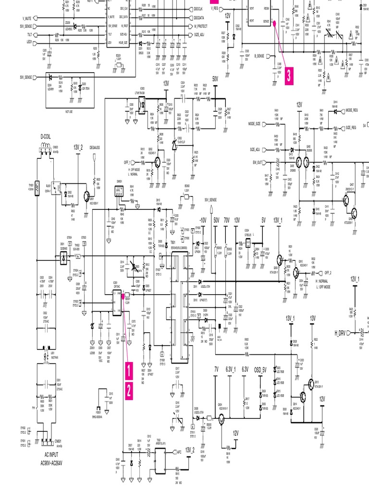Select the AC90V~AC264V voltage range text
[x=54, y=463]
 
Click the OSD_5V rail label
[x=261, y=369]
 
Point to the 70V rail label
[x=226, y=220]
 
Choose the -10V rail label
[x=202, y=220]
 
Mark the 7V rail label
[x=216, y=369]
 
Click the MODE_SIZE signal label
[x=254, y=124]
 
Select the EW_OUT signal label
[x=256, y=162]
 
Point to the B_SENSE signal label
[x=262, y=56]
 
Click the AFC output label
[x=179, y=452]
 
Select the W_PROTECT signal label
[x=201, y=26]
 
